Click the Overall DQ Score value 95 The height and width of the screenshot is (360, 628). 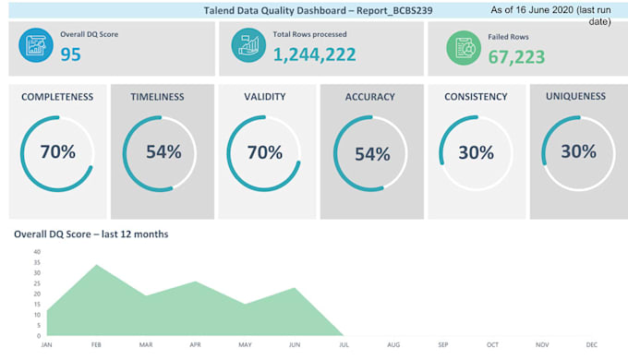click(x=71, y=54)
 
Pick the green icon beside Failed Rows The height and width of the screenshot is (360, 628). click(x=465, y=47)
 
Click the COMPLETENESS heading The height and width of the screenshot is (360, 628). click(x=56, y=97)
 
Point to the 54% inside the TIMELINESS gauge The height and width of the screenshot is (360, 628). click(x=163, y=153)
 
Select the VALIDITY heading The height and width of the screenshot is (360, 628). click(x=265, y=97)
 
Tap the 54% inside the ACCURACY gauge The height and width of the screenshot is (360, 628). click(x=372, y=154)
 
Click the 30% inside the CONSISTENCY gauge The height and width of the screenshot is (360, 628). click(x=476, y=153)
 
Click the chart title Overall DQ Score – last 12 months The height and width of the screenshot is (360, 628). click(x=91, y=234)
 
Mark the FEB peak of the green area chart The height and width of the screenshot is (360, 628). click(x=96, y=265)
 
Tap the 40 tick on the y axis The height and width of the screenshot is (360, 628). click(x=37, y=251)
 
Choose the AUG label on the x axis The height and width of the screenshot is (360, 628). click(x=393, y=345)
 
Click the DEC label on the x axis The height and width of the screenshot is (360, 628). click(x=592, y=345)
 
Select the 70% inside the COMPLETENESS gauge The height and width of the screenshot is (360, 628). click(x=57, y=152)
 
